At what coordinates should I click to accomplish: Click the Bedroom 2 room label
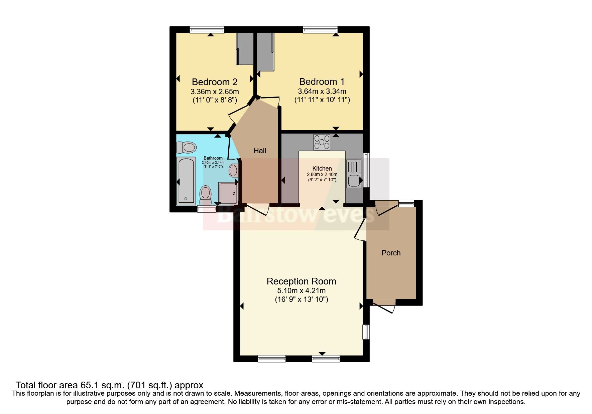coord(215,82)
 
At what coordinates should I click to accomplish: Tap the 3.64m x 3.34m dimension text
coord(322,91)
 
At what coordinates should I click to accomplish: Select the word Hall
coord(260,151)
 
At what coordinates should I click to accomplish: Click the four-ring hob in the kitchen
coord(322,142)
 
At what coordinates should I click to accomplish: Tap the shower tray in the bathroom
coord(228,193)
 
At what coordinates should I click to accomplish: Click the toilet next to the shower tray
coord(205,195)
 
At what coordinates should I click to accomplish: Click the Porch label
coord(391,253)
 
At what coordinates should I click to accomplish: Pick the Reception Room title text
coord(301,281)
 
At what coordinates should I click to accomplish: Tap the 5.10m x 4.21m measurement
coord(301,291)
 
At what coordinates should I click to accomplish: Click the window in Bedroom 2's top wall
coord(207,30)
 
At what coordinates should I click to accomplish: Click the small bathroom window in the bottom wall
coord(207,209)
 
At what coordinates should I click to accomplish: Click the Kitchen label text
coord(322,169)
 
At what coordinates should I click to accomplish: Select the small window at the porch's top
coord(406,203)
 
